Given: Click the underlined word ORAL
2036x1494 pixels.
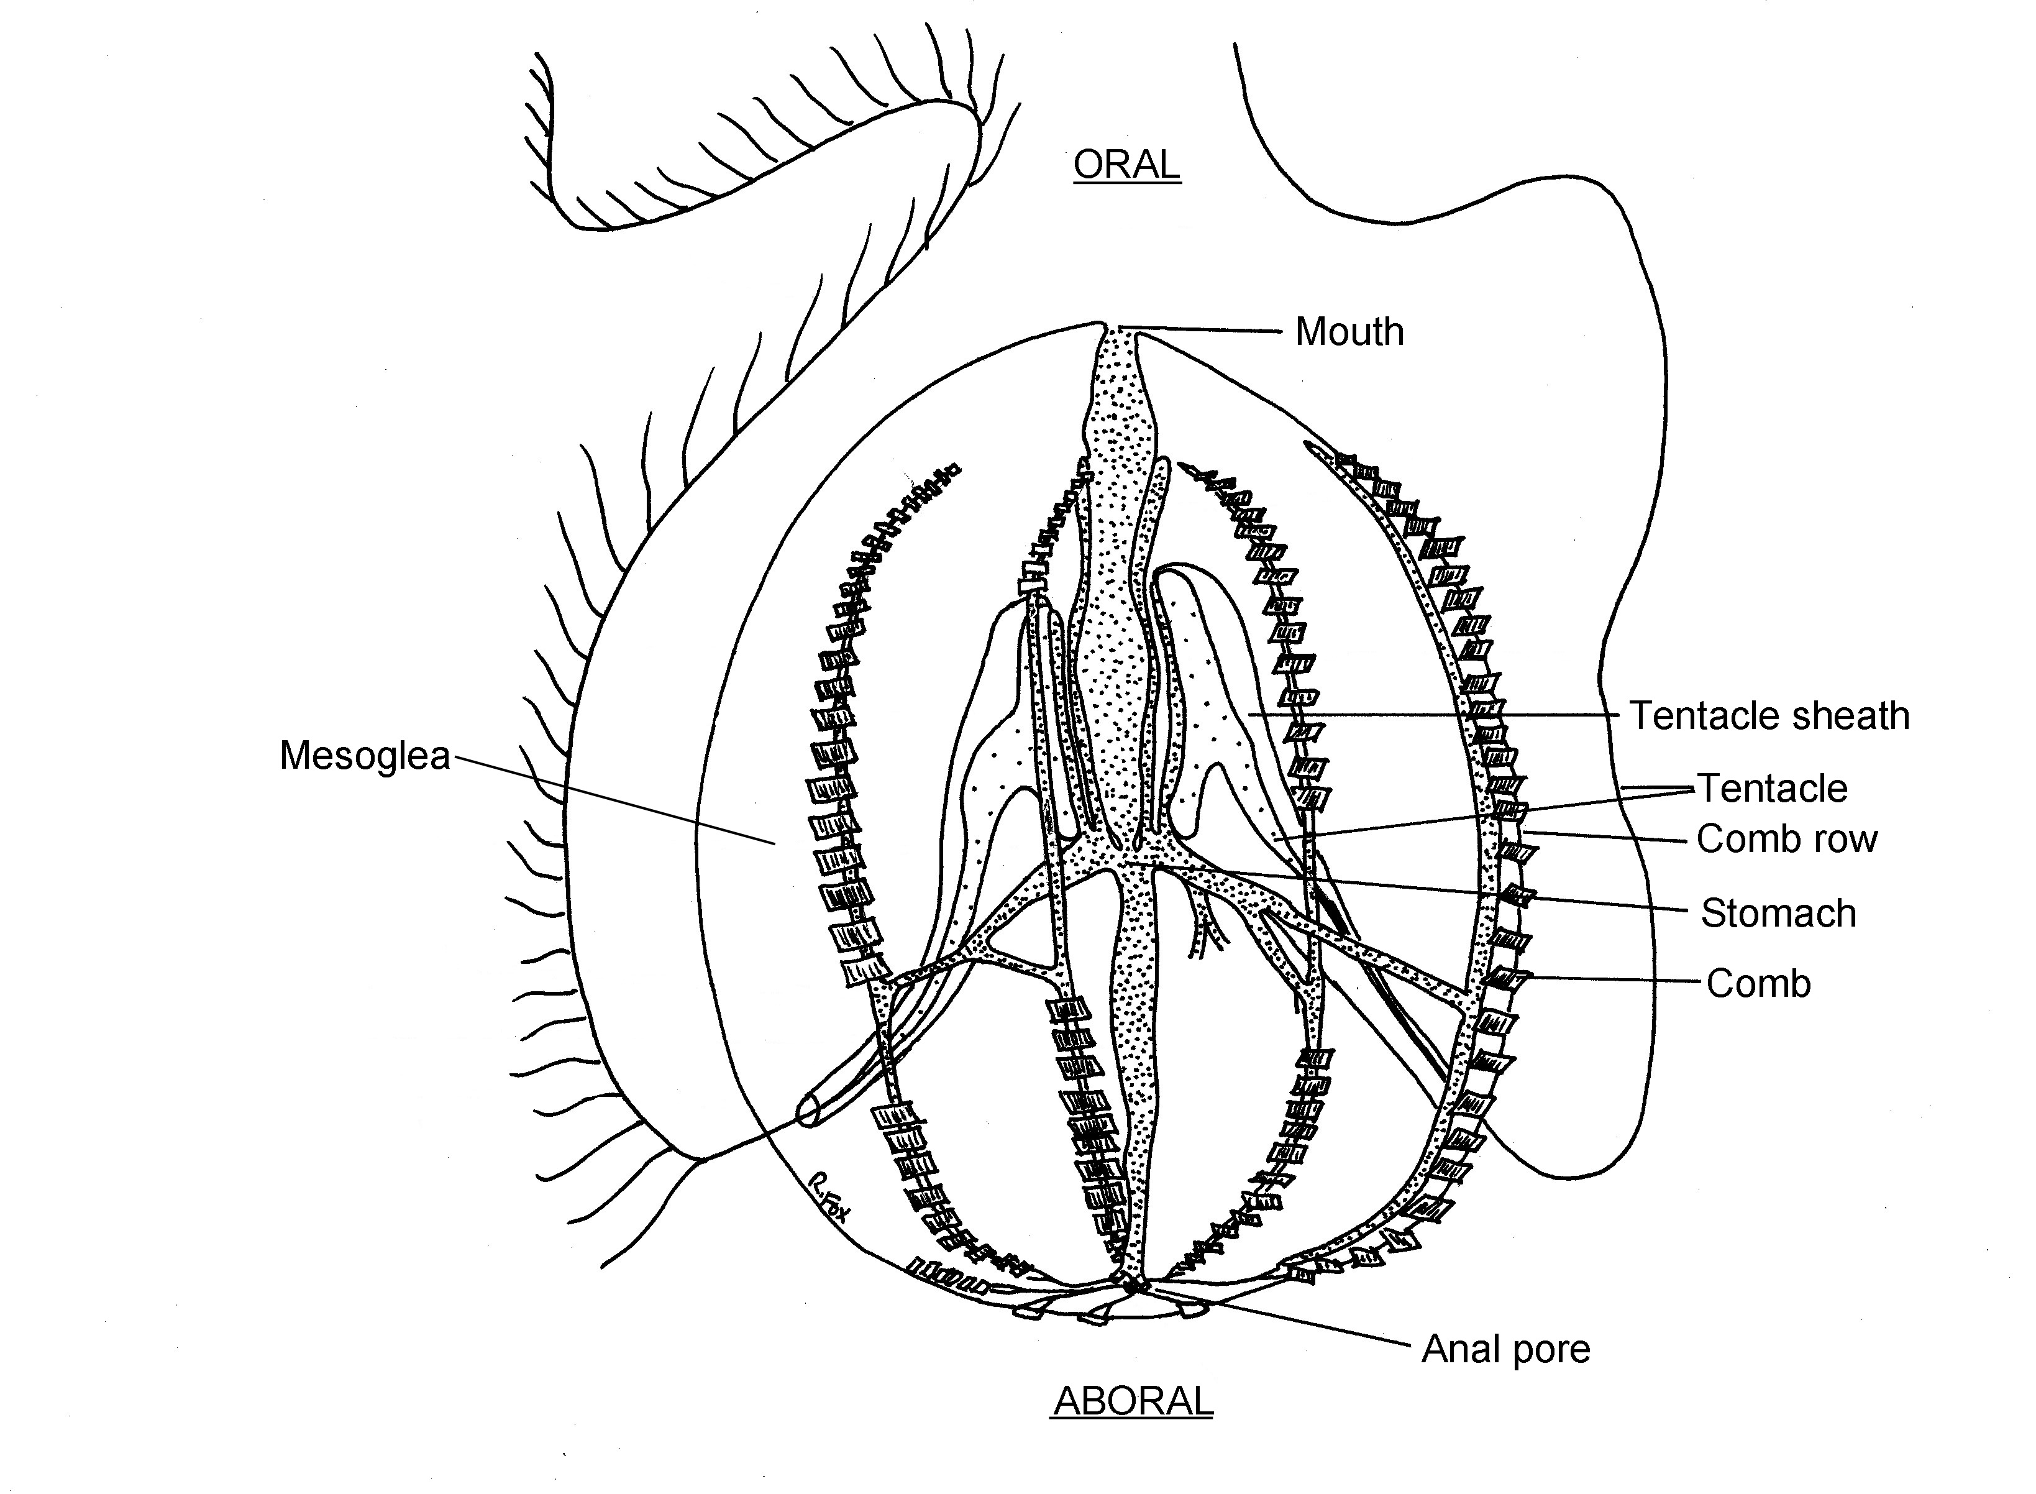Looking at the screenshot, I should click(1126, 165).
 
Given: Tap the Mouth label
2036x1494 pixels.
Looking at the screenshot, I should click(1349, 332).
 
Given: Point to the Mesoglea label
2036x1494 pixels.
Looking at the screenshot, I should click(364, 755).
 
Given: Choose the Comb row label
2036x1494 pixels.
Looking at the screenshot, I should click(1786, 839).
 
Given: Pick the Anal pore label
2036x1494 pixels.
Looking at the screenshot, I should click(1505, 1349).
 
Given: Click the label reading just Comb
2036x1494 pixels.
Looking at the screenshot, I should click(1758, 983).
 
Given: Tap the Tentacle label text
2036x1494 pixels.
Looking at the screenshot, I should click(1772, 789).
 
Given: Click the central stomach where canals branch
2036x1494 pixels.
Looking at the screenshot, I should click(1126, 855).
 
